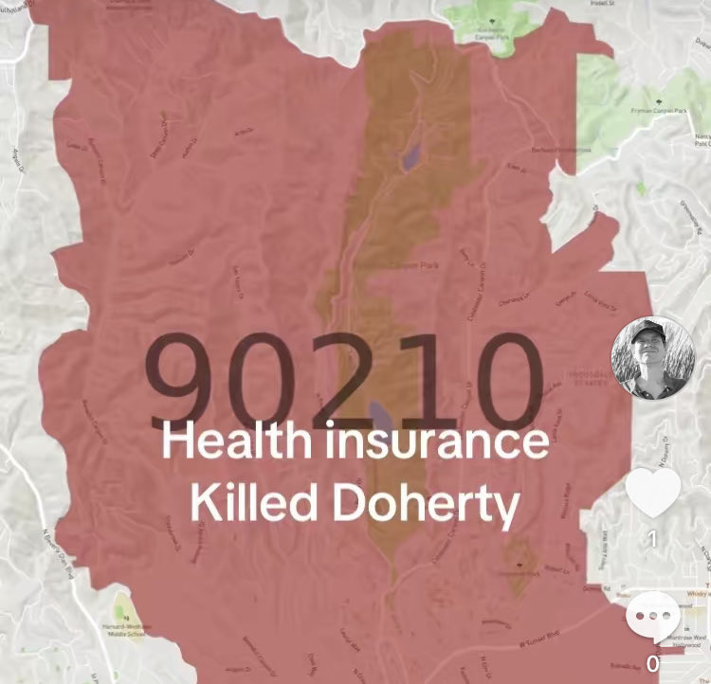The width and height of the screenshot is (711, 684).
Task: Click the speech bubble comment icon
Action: click(653, 617)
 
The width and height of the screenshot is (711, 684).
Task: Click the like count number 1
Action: click(652, 538)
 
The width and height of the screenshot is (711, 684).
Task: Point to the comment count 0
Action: click(652, 664)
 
